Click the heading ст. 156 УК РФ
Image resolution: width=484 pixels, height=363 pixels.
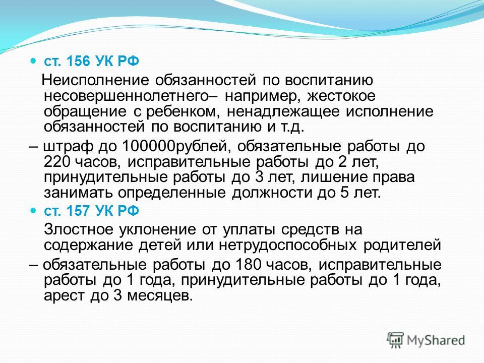tap(92, 61)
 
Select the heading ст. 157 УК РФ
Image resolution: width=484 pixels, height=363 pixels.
tap(92, 211)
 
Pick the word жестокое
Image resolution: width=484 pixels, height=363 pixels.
tap(341, 96)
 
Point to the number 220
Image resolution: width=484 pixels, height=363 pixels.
tap(57, 162)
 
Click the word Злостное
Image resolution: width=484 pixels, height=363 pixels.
tap(79, 230)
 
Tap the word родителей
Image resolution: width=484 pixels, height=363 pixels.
tap(402, 246)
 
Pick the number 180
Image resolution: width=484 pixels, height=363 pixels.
tap(249, 265)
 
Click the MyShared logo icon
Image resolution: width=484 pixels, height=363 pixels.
tap(395, 340)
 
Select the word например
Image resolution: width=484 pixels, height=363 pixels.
tap(262, 96)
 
